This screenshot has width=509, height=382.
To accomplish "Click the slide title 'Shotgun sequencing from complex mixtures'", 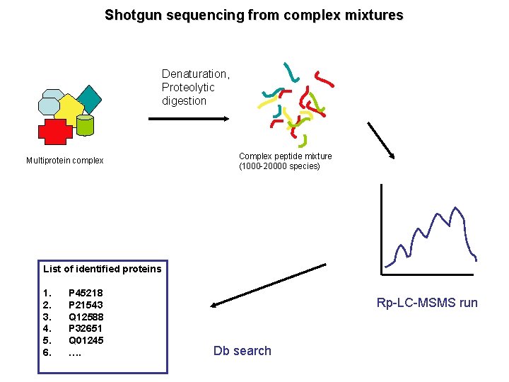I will pyautogui.click(x=255, y=15).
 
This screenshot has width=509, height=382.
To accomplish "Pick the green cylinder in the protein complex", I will pyautogui.click(x=85, y=125).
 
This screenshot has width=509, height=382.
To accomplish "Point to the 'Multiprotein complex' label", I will pyautogui.click(x=64, y=161).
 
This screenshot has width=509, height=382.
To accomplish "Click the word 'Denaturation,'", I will pyautogui.click(x=196, y=74).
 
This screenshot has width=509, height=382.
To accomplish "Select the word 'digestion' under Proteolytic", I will pyautogui.click(x=184, y=100).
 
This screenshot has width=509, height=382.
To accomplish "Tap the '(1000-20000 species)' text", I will pyautogui.click(x=279, y=166).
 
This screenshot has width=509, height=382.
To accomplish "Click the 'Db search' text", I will pyautogui.click(x=242, y=351).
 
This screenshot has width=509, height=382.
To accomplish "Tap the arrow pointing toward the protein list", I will pyautogui.click(x=269, y=285).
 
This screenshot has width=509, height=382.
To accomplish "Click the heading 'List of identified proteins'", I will pyautogui.click(x=102, y=269).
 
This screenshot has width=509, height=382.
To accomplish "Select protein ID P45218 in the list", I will pyautogui.click(x=86, y=293).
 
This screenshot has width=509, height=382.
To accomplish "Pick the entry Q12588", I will pyautogui.click(x=86, y=316).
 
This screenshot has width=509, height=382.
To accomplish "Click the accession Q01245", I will pyautogui.click(x=86, y=340).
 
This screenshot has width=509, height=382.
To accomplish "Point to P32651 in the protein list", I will pyautogui.click(x=86, y=328).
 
